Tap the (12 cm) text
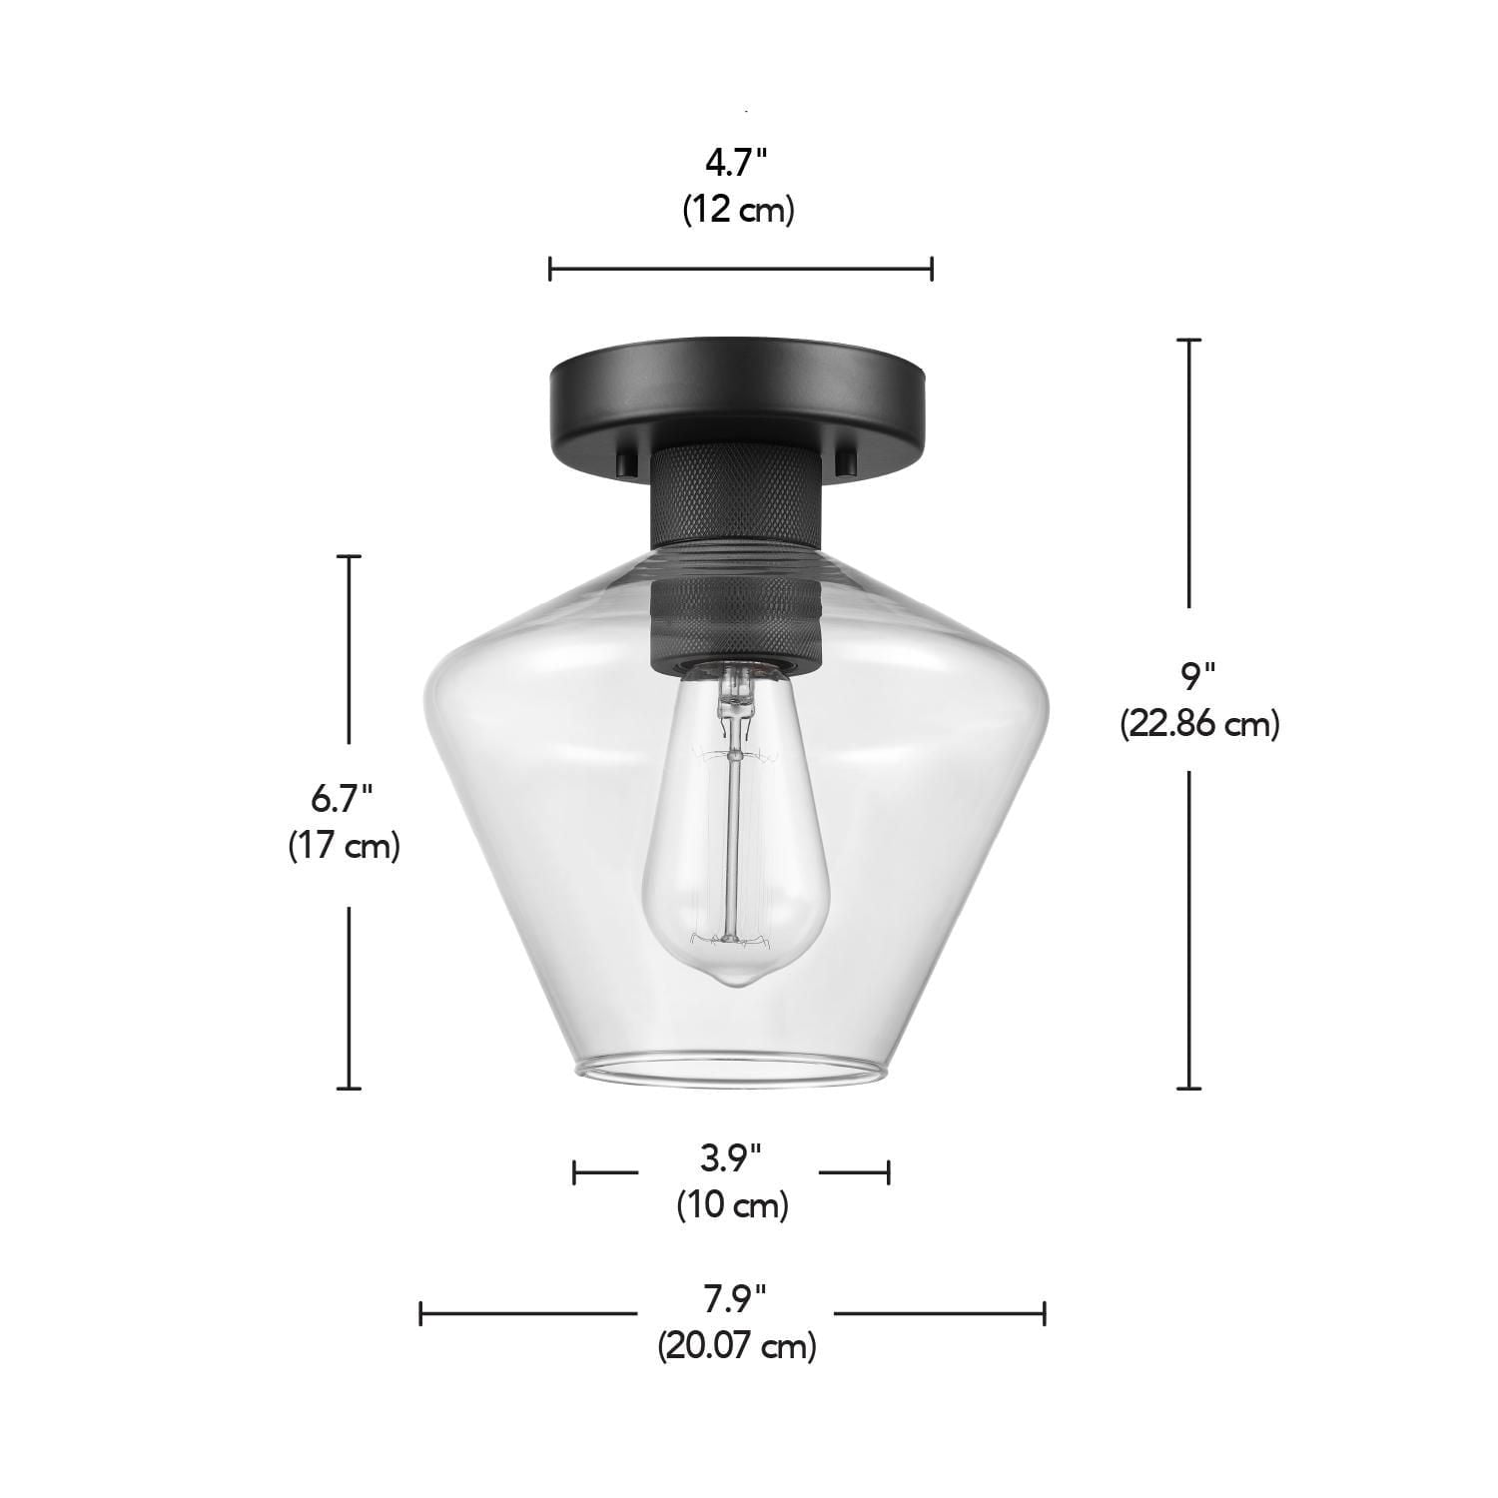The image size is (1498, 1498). (739, 211)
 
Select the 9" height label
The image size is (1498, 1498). (1197, 678)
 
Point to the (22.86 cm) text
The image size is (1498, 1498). (1199, 723)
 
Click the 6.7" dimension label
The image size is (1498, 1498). (343, 799)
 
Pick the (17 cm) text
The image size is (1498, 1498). (345, 846)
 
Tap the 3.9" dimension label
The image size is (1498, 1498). (731, 1158)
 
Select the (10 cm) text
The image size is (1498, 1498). (732, 1205)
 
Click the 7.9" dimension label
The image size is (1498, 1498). (735, 1299)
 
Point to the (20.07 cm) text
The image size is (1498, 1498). (736, 1346)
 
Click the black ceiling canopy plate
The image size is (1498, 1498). (740, 389)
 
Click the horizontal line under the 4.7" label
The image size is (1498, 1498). (740, 268)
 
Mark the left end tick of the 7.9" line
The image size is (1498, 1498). (421, 1313)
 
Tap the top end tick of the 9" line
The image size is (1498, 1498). (1188, 341)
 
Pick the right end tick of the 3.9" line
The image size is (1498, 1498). (888, 1171)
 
